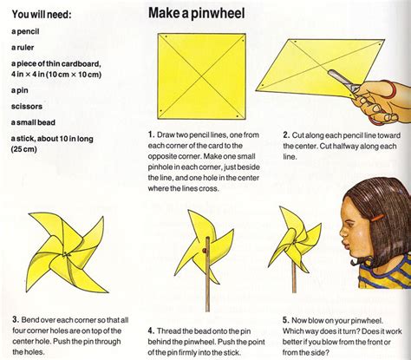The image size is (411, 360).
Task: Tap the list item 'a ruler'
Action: (x=24, y=47)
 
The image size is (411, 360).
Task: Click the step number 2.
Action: (x=286, y=135)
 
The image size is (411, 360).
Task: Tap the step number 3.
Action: (x=14, y=296)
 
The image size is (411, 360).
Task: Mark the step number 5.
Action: (x=286, y=296)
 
